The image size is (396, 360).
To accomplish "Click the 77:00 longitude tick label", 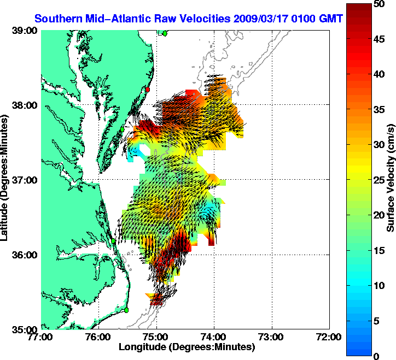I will [42, 337].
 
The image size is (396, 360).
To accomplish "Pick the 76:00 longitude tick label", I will [99, 337].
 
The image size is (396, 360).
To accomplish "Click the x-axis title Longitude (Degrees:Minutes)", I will [186, 347].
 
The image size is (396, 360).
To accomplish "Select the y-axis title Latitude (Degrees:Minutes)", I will [5, 180].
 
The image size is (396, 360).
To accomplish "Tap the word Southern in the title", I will [57, 19].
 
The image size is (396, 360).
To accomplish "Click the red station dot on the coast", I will [147, 89].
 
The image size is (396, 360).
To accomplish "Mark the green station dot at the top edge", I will [165, 33].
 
